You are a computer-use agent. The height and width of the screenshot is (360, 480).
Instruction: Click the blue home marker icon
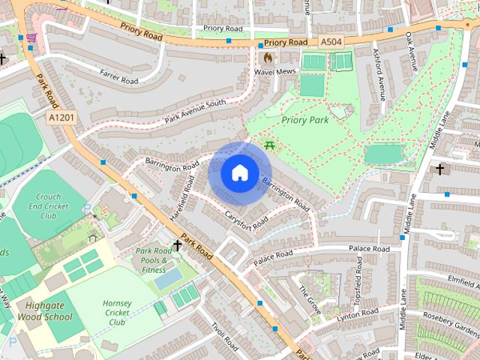[x=239, y=173]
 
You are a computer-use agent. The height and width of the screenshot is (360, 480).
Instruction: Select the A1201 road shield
[x=61, y=118]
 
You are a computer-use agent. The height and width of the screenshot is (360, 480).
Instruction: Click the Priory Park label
[x=305, y=119]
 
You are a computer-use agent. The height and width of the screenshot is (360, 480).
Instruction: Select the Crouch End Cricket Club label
[x=49, y=206]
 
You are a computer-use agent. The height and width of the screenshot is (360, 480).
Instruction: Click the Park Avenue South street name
[x=195, y=112]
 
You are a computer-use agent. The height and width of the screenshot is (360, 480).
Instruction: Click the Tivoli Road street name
[x=224, y=340]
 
